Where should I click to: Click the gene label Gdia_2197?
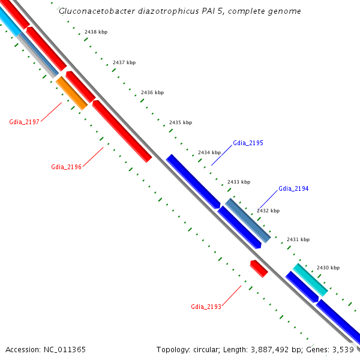24,122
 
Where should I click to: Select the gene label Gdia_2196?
66,167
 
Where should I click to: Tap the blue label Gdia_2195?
248,143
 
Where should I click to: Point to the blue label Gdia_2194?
293,188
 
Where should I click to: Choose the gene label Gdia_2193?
206,307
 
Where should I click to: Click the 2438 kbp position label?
96,31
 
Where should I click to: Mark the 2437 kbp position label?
124,62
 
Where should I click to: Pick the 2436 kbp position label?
152,92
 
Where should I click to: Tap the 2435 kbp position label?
181,122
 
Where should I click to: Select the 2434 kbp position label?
209,152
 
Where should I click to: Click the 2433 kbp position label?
239,182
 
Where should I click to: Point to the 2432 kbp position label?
268,211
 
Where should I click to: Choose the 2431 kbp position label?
298,239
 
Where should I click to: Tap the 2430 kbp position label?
328,268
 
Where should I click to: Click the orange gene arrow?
72,93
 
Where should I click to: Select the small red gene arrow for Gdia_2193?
259,268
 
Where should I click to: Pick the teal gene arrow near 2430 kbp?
310,280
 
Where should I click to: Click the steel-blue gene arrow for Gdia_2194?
248,220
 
